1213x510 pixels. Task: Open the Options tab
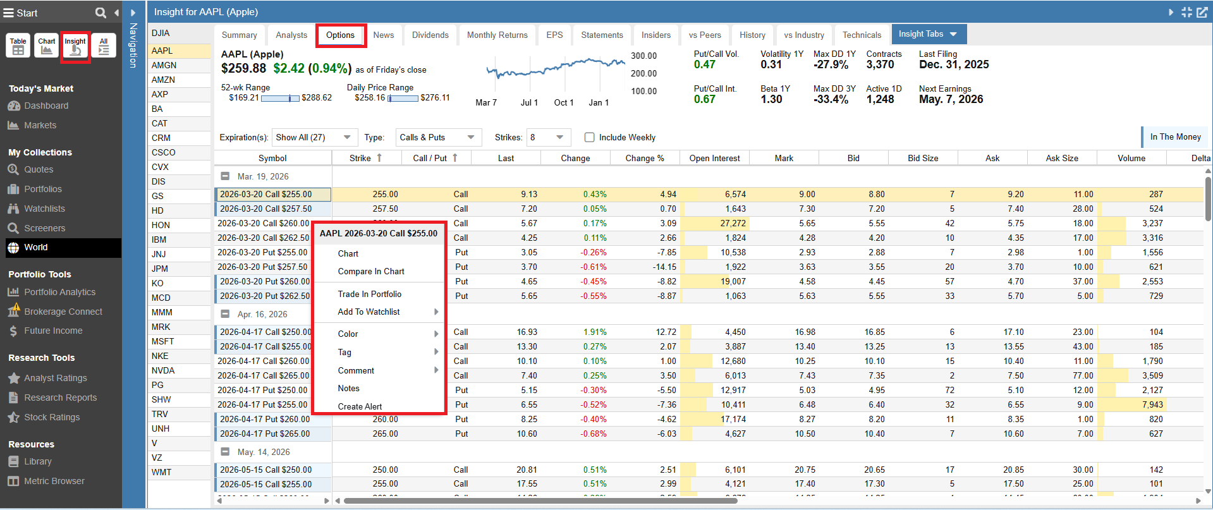340,35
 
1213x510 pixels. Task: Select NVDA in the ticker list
163,370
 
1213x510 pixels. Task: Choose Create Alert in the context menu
360,406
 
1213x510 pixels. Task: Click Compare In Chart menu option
371,271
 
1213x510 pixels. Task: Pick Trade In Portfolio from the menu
370,294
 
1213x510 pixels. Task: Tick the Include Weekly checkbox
590,137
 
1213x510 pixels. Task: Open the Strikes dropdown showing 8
547,137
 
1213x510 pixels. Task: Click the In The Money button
1175,137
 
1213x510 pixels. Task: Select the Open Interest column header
714,158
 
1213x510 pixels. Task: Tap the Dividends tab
430,35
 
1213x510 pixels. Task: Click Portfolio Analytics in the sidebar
60,292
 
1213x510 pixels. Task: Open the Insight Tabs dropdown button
928,34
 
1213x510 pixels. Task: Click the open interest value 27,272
733,223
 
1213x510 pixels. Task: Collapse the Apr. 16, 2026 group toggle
225,314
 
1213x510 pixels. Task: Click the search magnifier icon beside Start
101,13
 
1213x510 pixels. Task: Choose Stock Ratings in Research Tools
52,417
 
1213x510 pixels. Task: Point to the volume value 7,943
1152,404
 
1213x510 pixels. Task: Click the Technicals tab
862,35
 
